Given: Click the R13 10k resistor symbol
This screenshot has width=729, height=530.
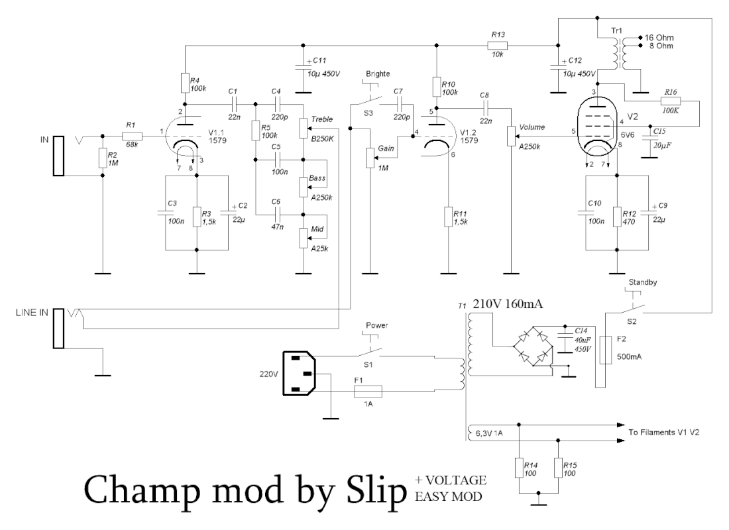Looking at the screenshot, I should tap(497, 46).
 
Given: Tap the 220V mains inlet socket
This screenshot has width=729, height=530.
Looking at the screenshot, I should tap(299, 375).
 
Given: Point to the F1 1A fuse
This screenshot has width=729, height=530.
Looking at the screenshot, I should tap(367, 391).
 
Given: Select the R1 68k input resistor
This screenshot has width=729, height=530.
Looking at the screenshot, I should tap(132, 135).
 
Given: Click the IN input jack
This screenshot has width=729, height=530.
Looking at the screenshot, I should tap(59, 156).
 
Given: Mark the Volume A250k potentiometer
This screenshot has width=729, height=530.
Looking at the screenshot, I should tap(511, 135).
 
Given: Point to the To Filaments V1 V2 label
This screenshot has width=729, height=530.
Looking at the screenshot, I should tap(663, 431).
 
